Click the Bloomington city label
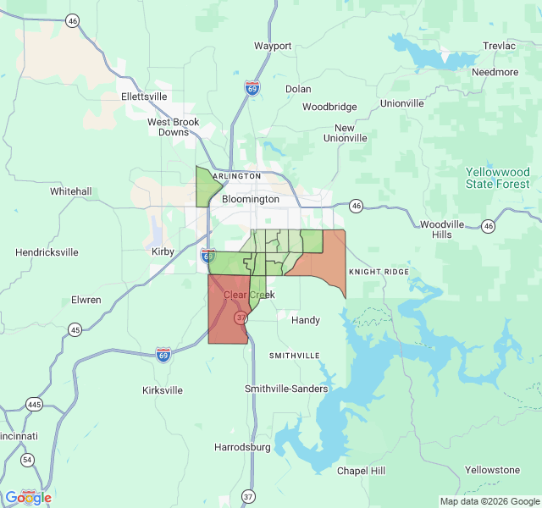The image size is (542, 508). click(x=250, y=199)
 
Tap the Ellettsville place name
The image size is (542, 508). click(x=144, y=97)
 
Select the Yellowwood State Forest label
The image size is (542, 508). click(x=498, y=178)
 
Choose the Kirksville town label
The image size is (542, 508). click(x=162, y=390)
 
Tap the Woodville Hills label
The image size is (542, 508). click(x=442, y=229)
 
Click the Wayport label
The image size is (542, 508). click(x=273, y=46)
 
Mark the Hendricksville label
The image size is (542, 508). click(x=47, y=252)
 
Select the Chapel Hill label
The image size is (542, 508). click(x=361, y=471)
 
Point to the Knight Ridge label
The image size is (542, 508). click(x=379, y=272)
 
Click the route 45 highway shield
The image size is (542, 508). click(x=75, y=329)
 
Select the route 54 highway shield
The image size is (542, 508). click(x=28, y=460)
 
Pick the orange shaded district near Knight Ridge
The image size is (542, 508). click(x=326, y=258)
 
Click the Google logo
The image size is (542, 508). click(x=28, y=497)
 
